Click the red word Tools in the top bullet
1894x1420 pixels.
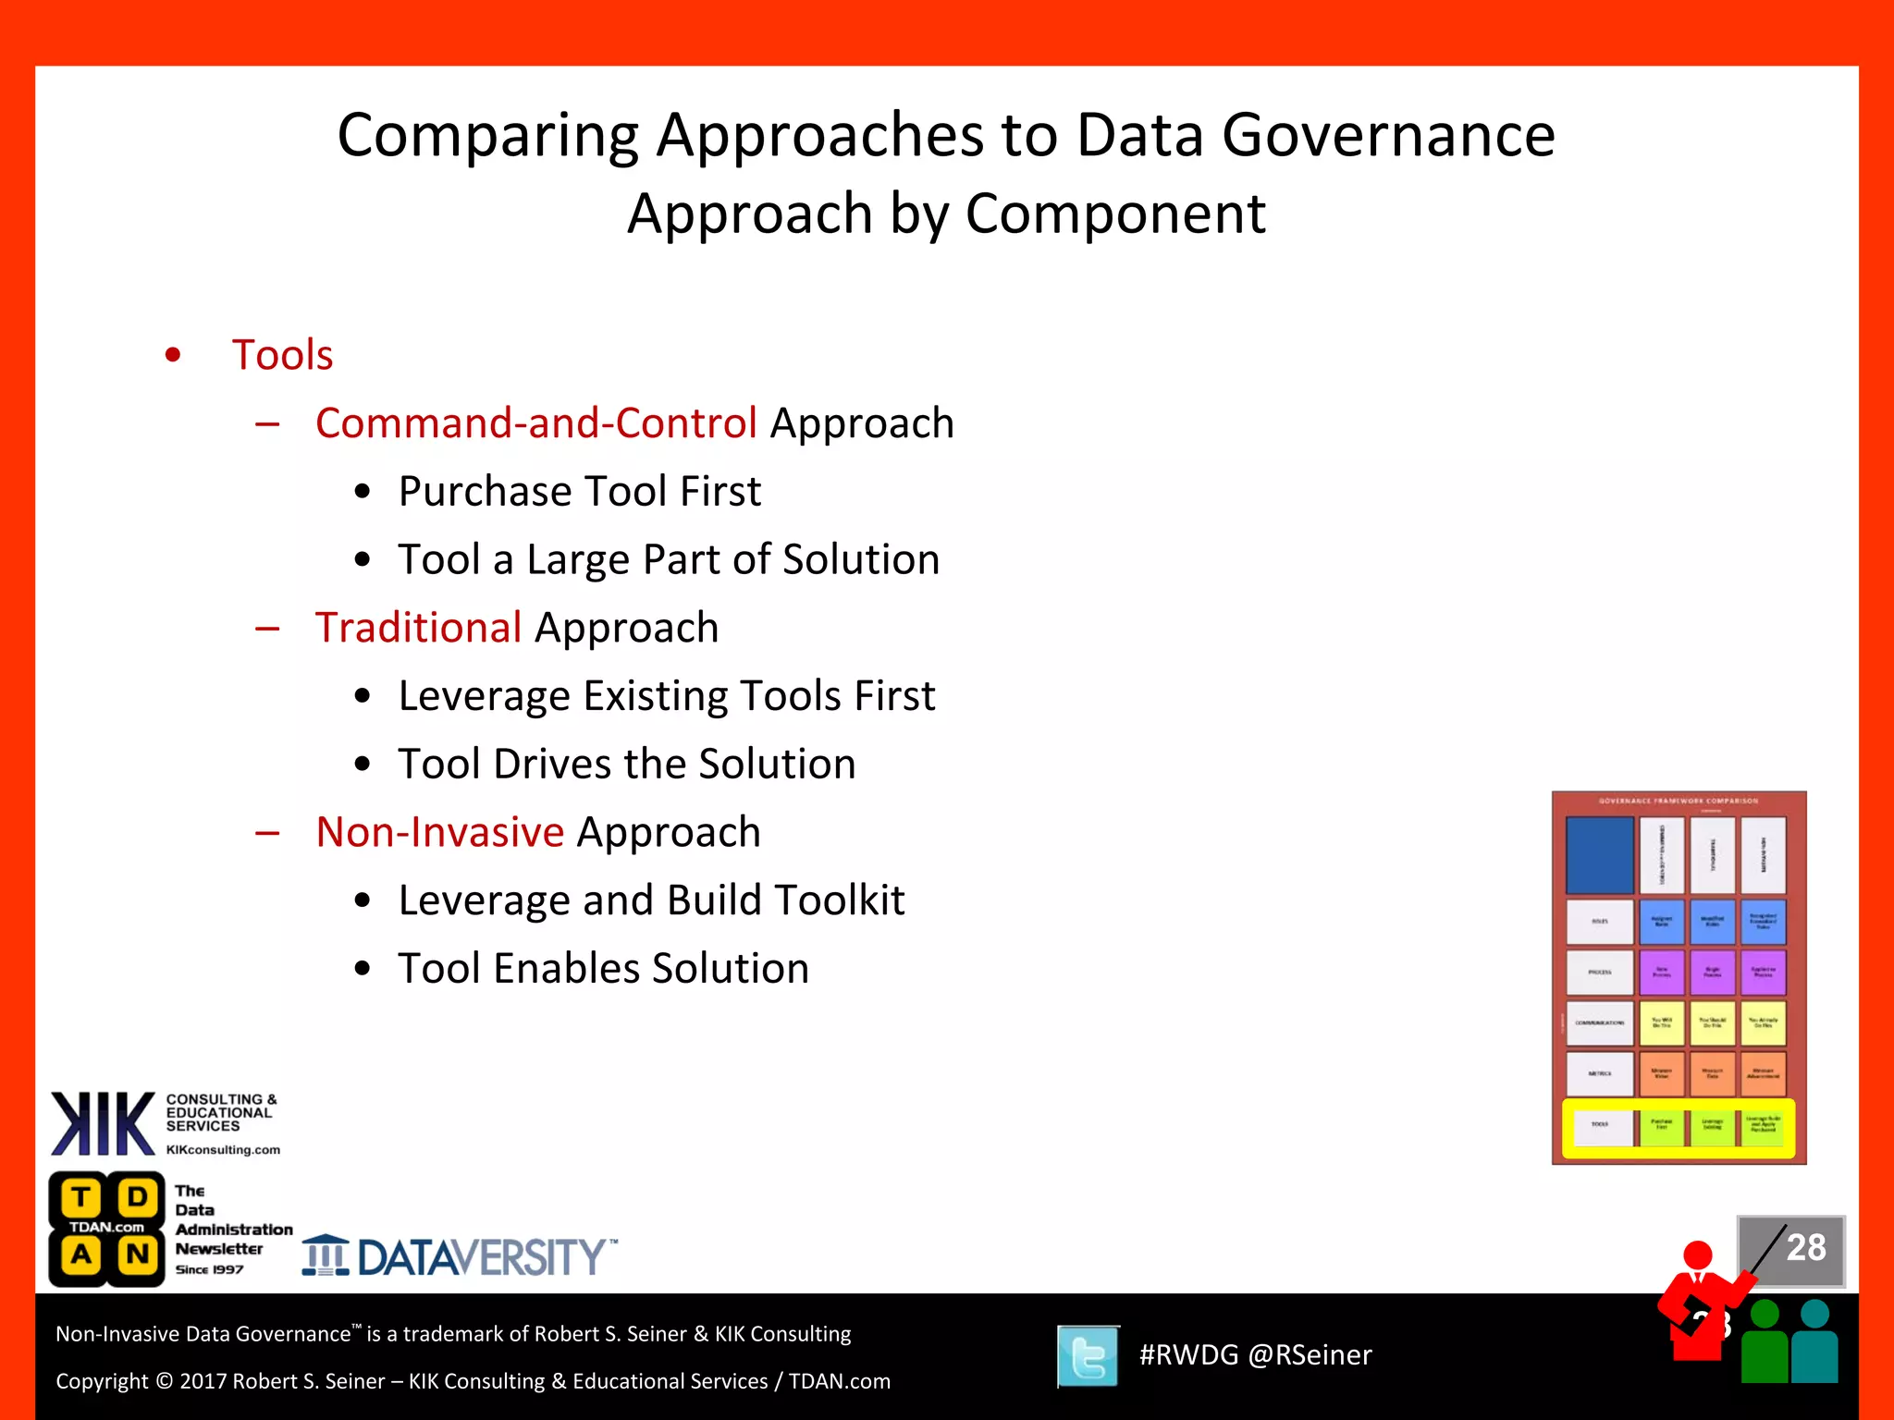[282, 355]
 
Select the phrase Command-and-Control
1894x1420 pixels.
[535, 423]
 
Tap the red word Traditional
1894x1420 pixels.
[418, 628]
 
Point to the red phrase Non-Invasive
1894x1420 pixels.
[439, 832]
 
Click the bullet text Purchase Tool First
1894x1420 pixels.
[579, 492]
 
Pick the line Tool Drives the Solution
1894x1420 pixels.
[626, 765]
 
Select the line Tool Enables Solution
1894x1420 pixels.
[603, 969]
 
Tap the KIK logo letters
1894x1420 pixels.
[102, 1124]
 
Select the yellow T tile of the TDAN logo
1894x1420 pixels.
[81, 1198]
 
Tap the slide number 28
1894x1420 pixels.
[1805, 1248]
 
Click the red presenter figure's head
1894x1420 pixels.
[1697, 1255]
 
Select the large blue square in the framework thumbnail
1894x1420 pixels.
[1599, 854]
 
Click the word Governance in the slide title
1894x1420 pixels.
[1388, 135]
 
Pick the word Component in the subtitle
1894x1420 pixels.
[1114, 214]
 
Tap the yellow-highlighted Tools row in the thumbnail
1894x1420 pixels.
[1678, 1128]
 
